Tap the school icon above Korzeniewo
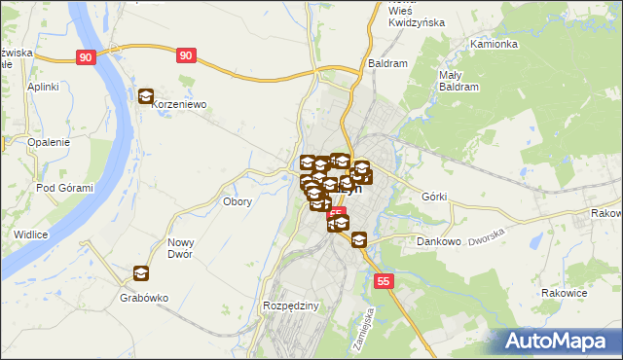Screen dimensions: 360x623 coord(146,96)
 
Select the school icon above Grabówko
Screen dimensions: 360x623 coord(141,273)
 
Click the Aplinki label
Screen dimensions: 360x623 coord(44,87)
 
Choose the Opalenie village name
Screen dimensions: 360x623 coord(49,142)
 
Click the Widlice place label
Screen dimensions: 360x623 coord(32,234)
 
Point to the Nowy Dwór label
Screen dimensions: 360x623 coord(181,248)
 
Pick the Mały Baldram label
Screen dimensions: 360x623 coord(450,81)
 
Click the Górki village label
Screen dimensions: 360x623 coord(434,197)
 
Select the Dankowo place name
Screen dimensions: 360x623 coord(437,240)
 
